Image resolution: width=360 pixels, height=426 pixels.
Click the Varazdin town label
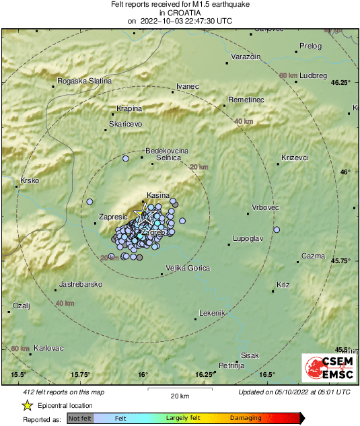point(246,57)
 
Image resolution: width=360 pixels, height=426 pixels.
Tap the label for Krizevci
point(295,157)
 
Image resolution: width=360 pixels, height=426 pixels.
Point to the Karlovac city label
point(48,348)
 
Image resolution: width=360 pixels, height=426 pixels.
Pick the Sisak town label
point(250,355)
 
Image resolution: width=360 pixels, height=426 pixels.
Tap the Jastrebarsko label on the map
point(81,284)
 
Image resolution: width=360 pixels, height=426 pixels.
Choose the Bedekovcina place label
point(167,151)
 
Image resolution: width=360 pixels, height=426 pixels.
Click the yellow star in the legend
point(27,405)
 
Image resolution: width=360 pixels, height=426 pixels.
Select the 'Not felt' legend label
point(80,419)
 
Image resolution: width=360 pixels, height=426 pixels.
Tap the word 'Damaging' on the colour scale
point(246,419)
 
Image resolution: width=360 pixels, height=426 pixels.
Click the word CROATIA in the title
point(180,12)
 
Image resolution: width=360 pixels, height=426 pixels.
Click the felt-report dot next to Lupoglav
point(276,230)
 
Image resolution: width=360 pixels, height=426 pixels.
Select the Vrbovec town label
point(265,207)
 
